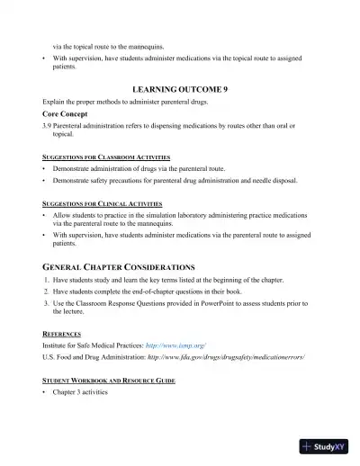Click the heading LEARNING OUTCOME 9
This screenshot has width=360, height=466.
click(180, 91)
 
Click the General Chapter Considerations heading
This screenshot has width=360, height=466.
click(120, 267)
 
